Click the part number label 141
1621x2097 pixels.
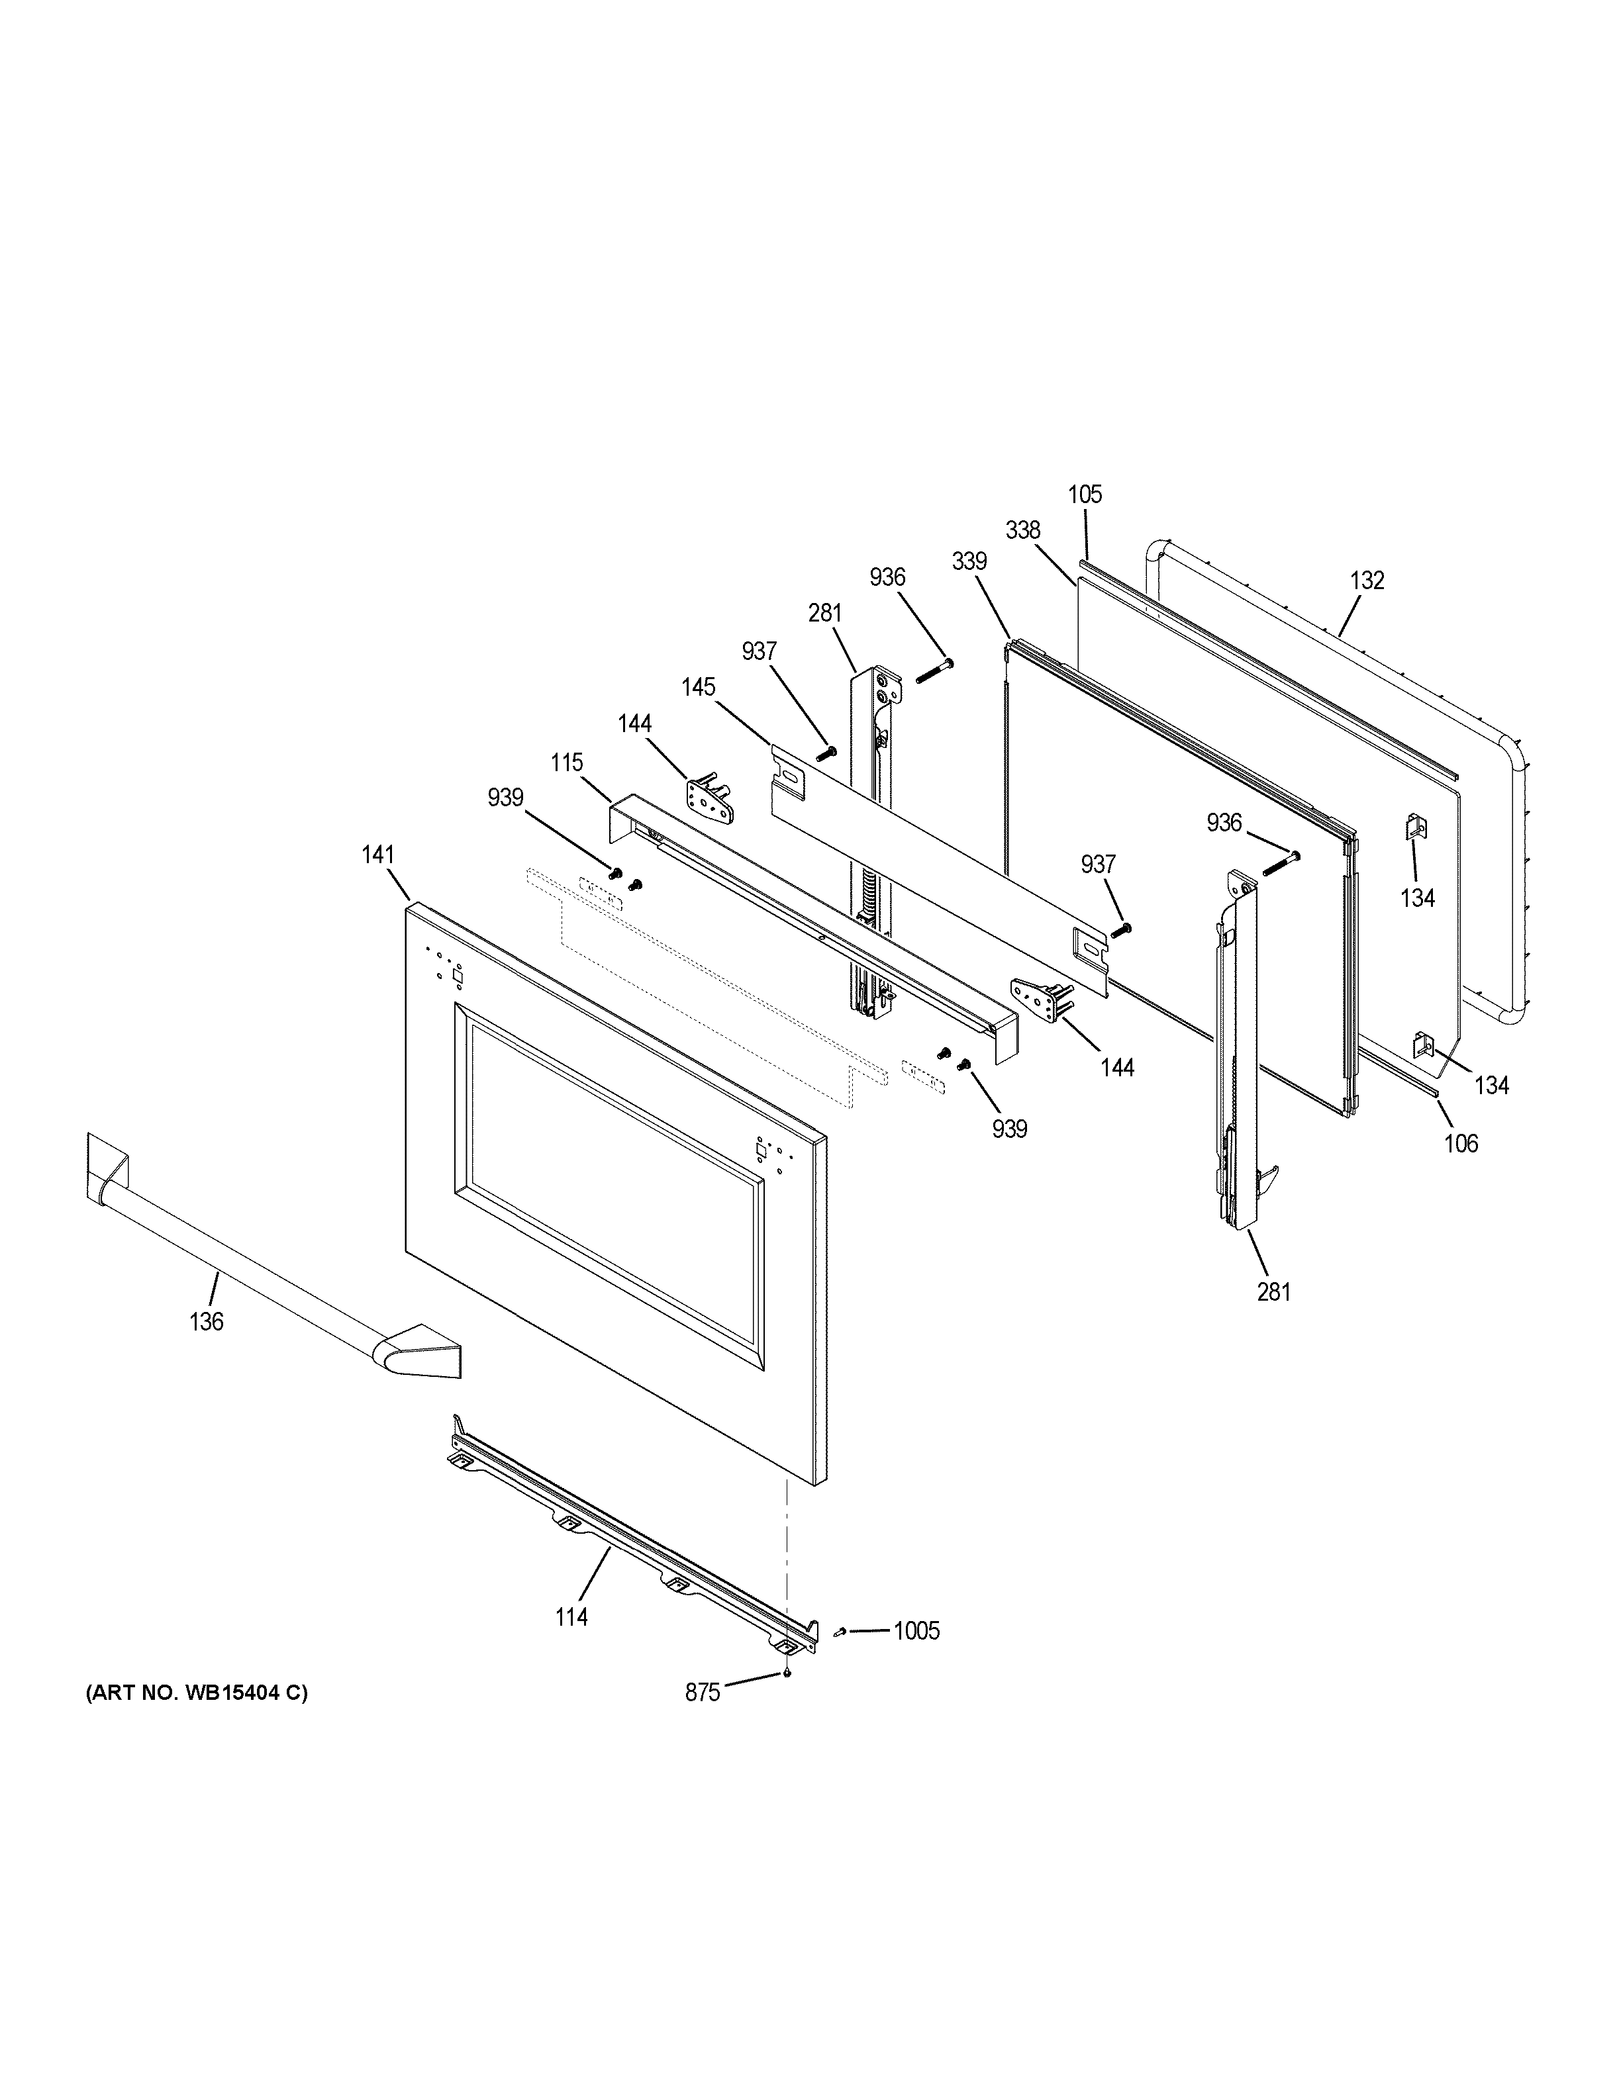coord(378,855)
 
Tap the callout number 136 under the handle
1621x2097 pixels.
coord(207,1322)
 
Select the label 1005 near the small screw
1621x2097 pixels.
coord(916,1630)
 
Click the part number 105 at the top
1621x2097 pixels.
coord(1085,494)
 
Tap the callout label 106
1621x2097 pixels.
coord(1461,1144)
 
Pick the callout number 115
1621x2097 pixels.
coord(567,763)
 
